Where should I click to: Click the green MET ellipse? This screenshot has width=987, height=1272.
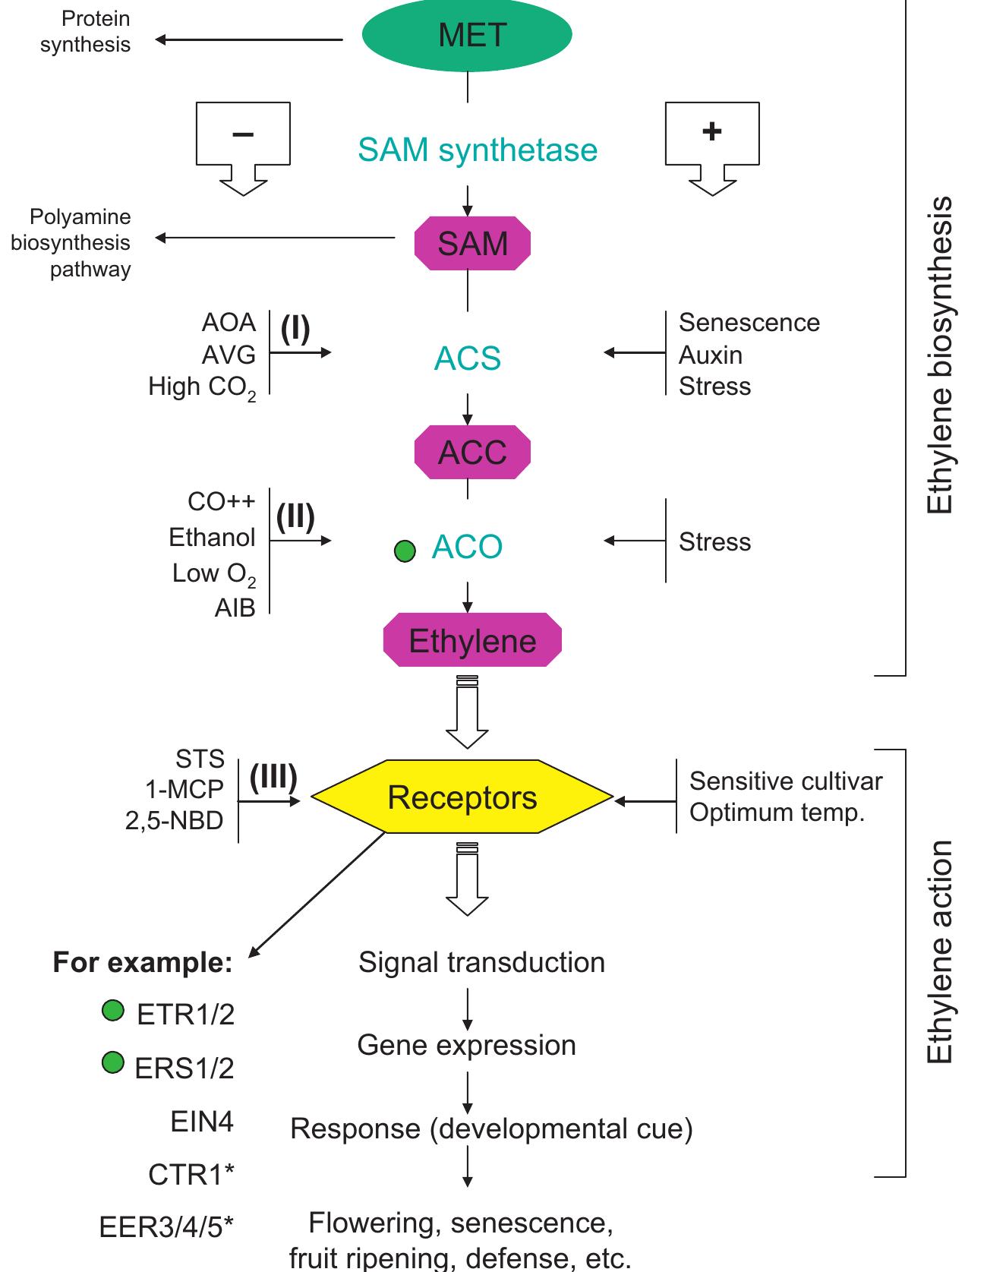pos(467,35)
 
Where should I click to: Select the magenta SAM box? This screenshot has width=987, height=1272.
pos(471,244)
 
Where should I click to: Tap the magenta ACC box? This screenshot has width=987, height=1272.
pos(471,453)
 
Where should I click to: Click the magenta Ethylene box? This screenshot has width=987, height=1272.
pos(471,641)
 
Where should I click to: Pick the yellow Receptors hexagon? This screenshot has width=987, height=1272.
pos(462,797)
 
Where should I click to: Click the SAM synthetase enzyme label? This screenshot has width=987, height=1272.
pos(477,150)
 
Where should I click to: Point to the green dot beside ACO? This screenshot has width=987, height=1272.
pos(405,551)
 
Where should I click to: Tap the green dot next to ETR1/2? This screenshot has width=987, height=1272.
pos(112,1011)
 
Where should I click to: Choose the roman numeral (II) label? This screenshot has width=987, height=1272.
pos(295,517)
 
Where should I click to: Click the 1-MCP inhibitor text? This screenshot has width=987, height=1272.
pos(184,789)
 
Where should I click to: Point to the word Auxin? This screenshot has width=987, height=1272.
pos(710,355)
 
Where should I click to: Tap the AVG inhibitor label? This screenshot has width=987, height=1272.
pos(229,355)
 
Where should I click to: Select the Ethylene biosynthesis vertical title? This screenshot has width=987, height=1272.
pos(940,355)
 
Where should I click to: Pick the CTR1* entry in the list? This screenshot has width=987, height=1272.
pos(191,1175)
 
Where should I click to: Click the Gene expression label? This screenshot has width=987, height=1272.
pos(466,1045)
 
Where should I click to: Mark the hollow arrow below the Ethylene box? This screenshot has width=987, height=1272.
pos(467,714)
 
